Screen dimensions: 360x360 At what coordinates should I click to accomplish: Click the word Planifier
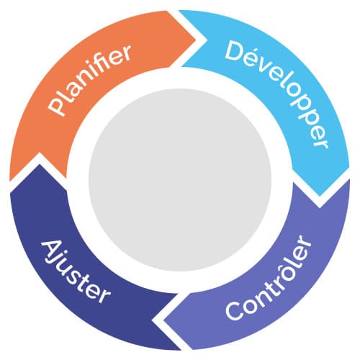89,80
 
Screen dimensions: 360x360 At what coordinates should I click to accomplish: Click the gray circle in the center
180,180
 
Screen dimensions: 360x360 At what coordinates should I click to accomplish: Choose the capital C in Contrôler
235,310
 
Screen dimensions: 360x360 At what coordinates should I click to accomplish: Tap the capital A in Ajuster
51,250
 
